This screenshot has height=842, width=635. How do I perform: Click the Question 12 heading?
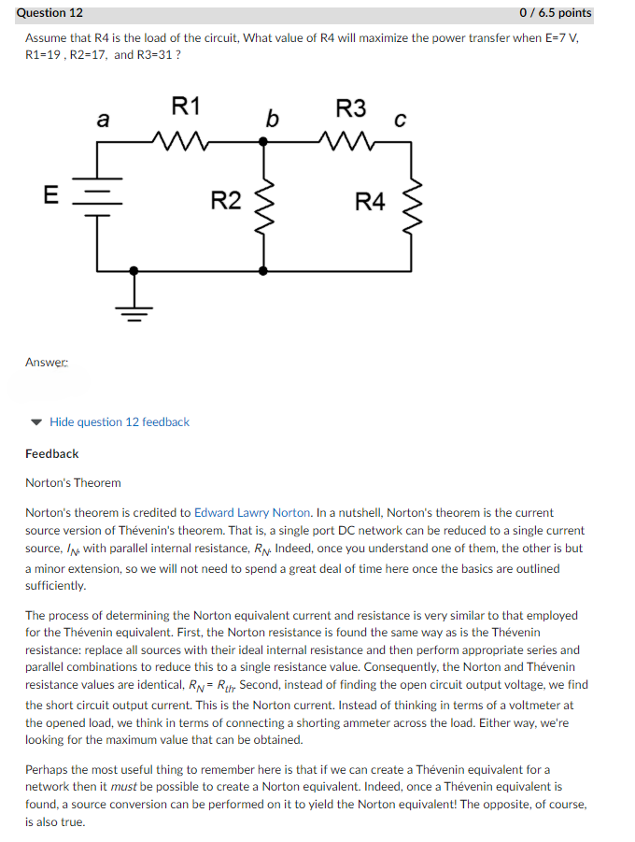pyautogui.click(x=49, y=13)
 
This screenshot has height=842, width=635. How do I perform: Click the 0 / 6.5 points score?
pyautogui.click(x=555, y=13)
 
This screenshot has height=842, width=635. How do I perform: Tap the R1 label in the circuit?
pyautogui.click(x=185, y=105)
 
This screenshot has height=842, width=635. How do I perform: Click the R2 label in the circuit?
pyautogui.click(x=225, y=200)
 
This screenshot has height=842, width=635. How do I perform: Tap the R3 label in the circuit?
pyautogui.click(x=351, y=107)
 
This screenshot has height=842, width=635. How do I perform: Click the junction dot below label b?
pyautogui.click(x=264, y=142)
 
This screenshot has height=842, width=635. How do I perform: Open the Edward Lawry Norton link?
pyautogui.click(x=252, y=512)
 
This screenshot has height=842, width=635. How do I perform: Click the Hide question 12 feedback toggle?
pyautogui.click(x=119, y=421)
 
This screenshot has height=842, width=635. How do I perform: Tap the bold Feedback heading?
pyautogui.click(x=51, y=453)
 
